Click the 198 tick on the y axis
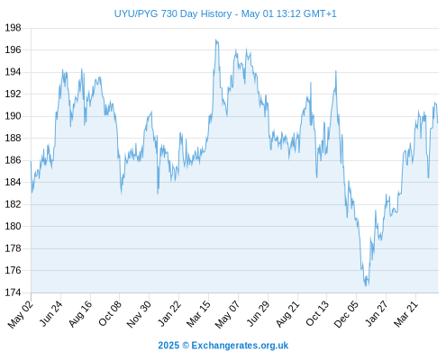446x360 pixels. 13,28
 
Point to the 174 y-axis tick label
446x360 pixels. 13,292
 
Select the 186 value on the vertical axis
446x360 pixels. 13,160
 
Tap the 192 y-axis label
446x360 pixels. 13,94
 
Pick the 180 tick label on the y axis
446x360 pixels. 13,226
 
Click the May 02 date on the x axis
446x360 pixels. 21,314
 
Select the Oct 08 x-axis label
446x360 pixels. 110,313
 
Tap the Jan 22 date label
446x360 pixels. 169,313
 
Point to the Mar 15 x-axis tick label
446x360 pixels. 198,313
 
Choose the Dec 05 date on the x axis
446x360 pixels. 346,314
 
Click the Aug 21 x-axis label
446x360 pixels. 287,314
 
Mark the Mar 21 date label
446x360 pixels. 406,313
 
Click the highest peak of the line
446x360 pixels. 215,40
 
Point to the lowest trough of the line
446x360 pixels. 366,286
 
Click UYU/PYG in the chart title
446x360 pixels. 136,14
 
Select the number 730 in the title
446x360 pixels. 169,13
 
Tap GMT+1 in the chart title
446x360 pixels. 320,13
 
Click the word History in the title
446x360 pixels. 216,14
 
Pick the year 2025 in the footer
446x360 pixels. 168,346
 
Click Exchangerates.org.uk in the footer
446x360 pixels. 240,346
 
